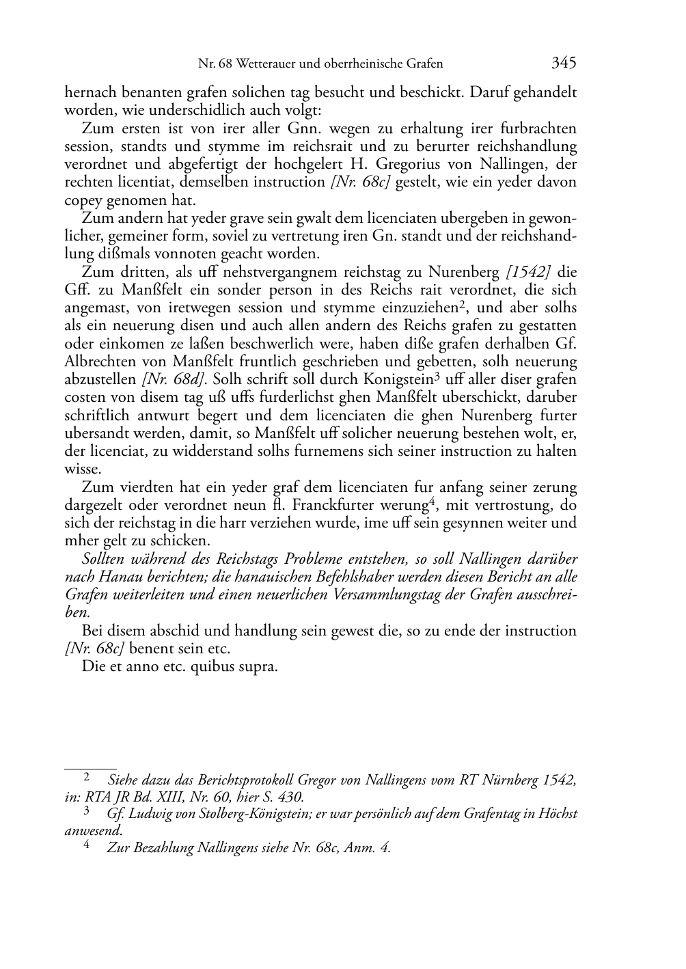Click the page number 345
[564, 63]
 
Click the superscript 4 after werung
[431, 502]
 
